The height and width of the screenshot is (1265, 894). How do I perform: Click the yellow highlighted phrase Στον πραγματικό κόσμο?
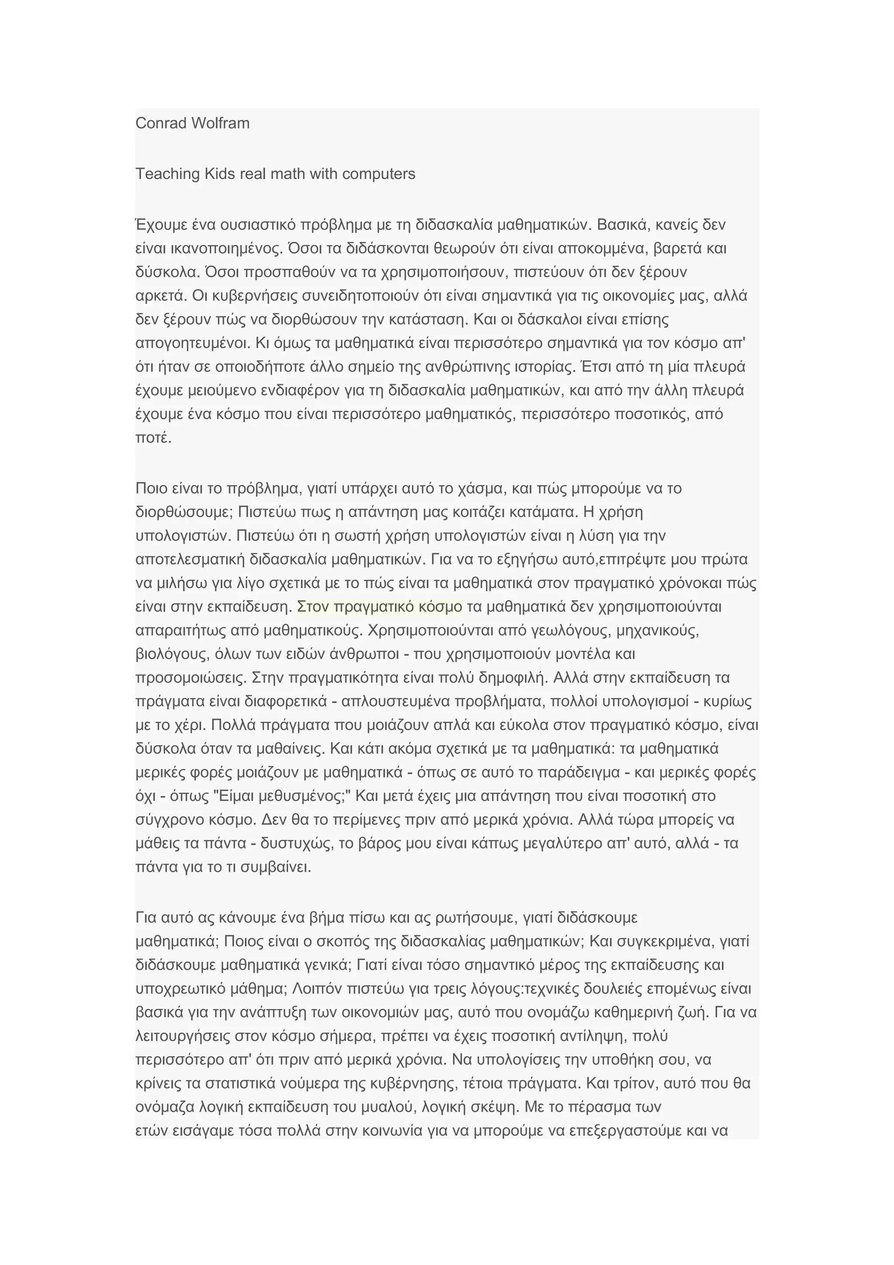(379, 607)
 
